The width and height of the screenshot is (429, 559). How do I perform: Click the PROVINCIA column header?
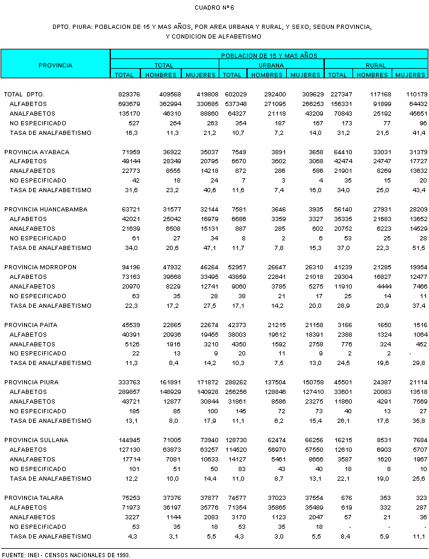(x=55, y=65)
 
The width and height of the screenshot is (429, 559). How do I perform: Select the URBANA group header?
(x=272, y=65)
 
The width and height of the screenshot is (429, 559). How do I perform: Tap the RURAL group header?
(x=376, y=65)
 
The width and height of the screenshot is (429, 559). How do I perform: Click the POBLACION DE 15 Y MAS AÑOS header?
(x=269, y=55)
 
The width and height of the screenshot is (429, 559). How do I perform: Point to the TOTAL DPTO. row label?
(x=25, y=95)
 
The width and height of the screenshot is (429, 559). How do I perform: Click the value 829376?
(x=130, y=95)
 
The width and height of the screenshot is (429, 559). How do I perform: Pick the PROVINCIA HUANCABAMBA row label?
(x=46, y=210)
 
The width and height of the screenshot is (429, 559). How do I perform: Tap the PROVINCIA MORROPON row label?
(x=43, y=267)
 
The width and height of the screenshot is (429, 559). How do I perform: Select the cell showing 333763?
(x=130, y=383)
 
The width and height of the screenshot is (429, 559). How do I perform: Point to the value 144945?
(x=130, y=440)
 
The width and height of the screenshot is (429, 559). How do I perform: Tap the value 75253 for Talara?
(x=131, y=498)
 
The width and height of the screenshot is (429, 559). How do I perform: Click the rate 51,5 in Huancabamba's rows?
(x=419, y=248)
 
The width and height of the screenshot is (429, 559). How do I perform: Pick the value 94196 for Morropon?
(x=131, y=267)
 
